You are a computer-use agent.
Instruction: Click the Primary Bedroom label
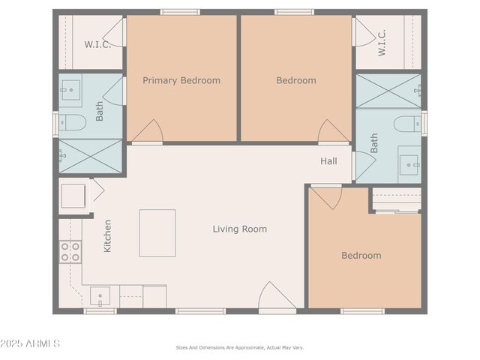click(181, 80)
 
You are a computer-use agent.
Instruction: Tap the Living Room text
click(239, 229)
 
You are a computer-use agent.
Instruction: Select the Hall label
click(328, 161)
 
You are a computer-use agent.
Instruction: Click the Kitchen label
click(108, 235)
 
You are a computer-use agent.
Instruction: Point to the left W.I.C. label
click(97, 44)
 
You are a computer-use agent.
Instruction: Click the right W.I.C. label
click(381, 43)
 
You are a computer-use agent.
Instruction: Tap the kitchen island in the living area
click(157, 232)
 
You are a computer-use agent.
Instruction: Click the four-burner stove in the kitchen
click(70, 252)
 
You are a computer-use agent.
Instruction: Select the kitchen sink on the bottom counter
click(100, 296)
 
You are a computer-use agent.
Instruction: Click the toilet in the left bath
click(73, 123)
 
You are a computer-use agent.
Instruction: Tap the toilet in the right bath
click(408, 124)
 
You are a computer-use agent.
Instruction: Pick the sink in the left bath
click(70, 93)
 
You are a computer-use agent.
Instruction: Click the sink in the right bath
click(409, 164)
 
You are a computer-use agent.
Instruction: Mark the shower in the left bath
click(91, 156)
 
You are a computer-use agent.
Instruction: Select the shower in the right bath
click(388, 91)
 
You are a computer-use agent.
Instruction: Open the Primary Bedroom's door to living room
click(148, 132)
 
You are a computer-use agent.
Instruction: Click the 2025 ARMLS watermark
click(30, 343)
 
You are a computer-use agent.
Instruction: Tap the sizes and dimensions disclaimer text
click(239, 347)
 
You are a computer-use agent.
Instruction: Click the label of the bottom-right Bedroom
click(361, 255)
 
